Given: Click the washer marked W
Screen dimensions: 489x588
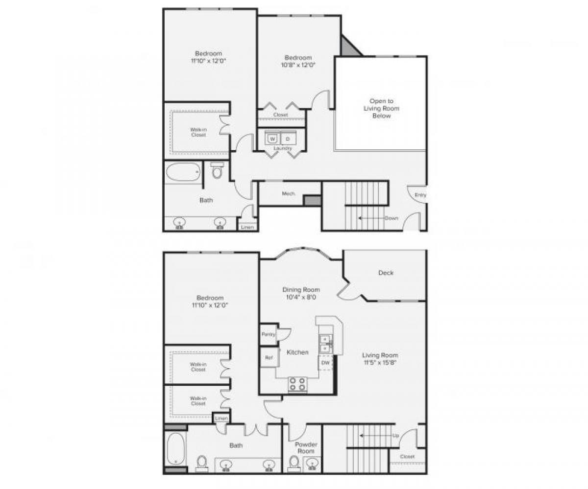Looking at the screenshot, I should pos(272,139).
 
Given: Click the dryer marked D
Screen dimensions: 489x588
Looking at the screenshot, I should pos(288,139).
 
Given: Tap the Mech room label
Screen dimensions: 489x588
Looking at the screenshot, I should pos(288,194).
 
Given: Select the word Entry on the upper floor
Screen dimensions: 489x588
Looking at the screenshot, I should pos(420,195).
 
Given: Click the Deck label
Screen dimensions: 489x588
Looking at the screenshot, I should pos(386,273).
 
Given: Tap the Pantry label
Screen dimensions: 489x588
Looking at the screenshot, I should pos(268,334).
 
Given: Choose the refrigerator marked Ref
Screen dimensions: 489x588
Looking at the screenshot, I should pos(269,357).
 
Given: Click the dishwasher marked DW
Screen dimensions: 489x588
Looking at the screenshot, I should pos(325,363).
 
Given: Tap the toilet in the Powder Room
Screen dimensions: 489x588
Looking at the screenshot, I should pos(294,462).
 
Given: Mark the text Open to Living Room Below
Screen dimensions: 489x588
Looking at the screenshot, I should pos(381,109).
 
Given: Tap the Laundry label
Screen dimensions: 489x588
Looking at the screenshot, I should pos(283,148).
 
